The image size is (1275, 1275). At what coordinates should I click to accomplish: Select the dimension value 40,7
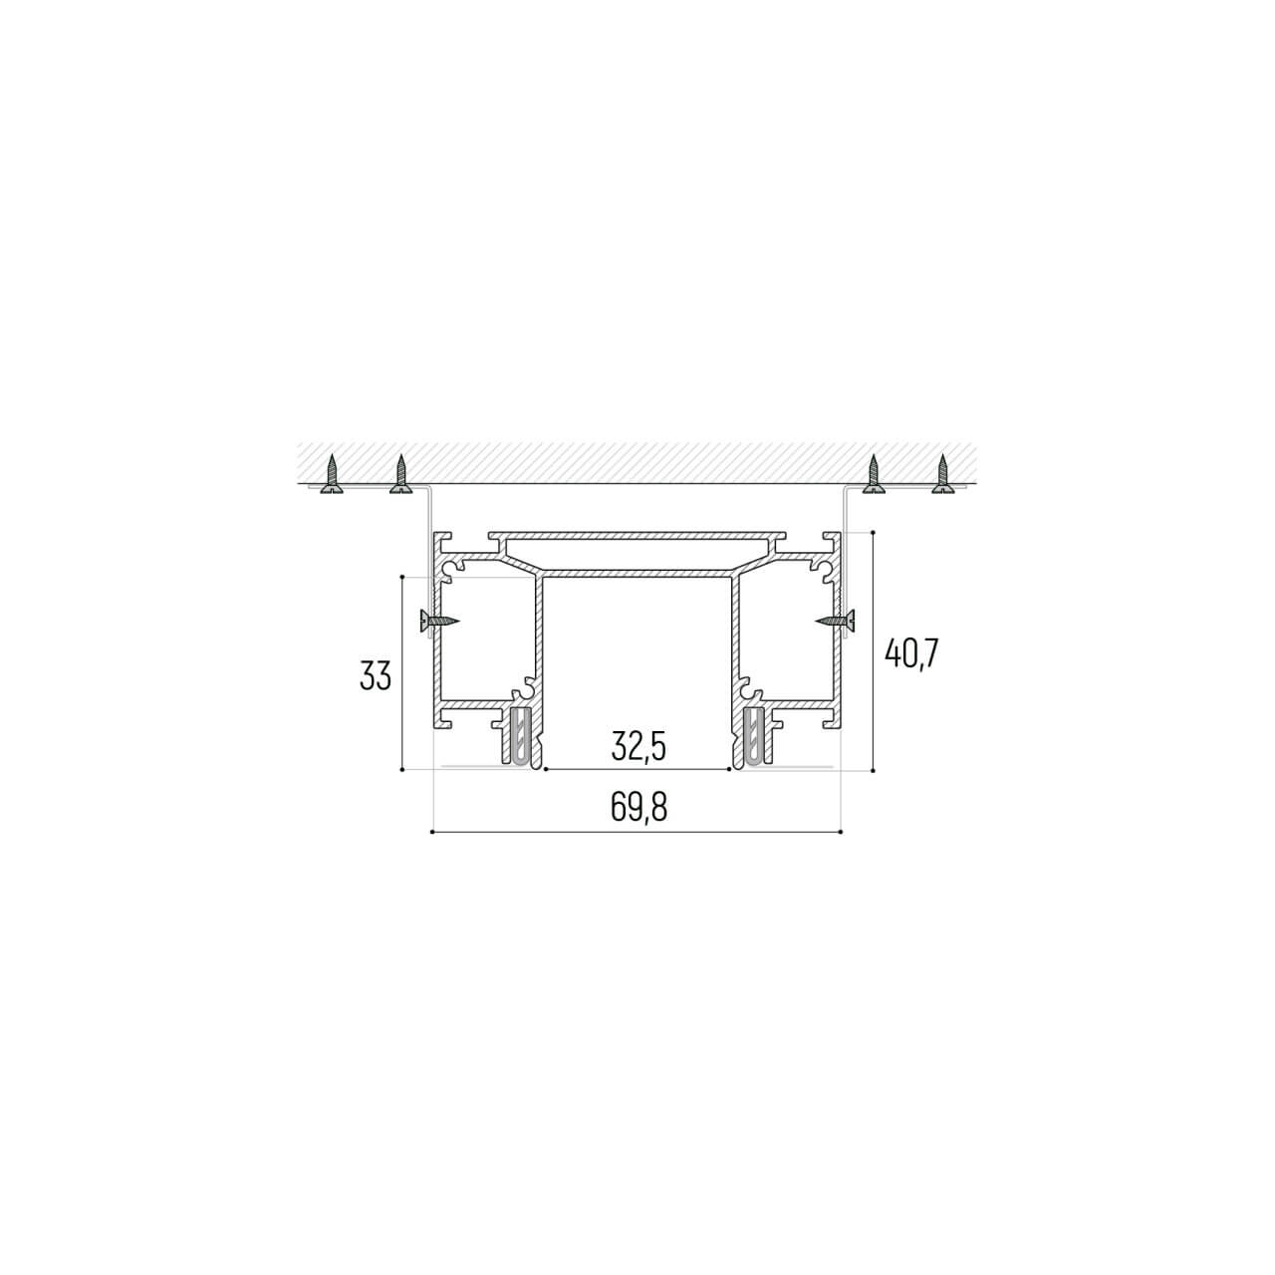click(x=911, y=653)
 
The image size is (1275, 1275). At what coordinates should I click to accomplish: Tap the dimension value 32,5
click(x=638, y=747)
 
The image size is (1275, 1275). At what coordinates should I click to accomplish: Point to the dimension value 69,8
click(x=638, y=807)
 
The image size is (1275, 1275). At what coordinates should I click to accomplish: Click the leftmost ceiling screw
click(x=332, y=474)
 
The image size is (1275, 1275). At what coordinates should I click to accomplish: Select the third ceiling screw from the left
click(x=874, y=474)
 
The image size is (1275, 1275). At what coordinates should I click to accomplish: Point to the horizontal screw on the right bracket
click(x=835, y=621)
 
